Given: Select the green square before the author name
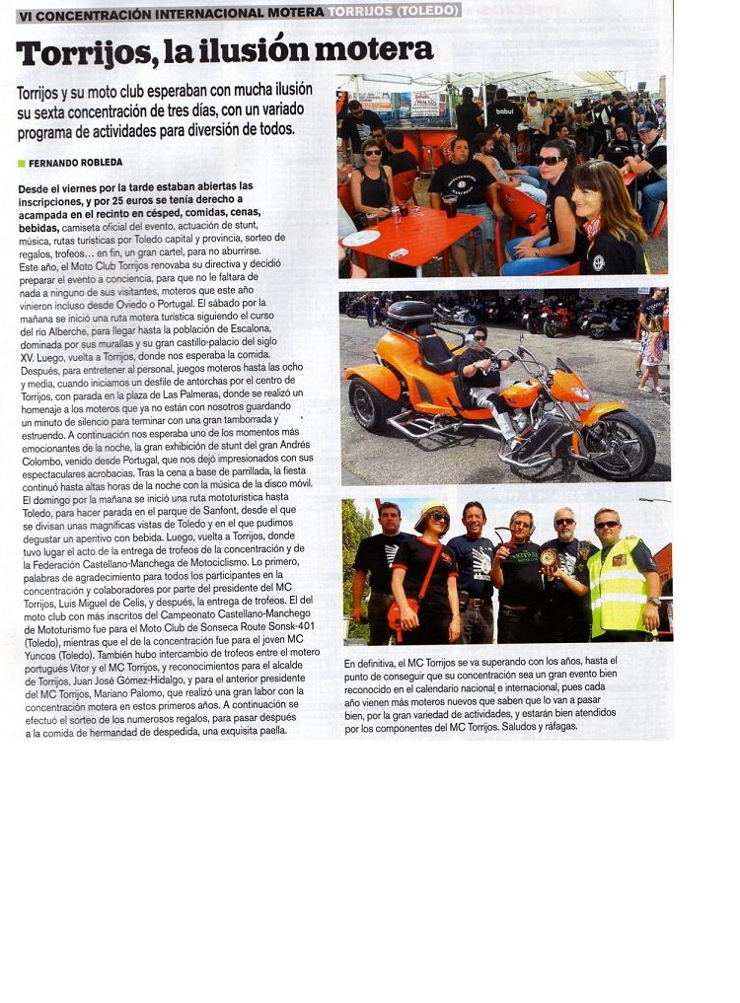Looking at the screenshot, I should [21, 163].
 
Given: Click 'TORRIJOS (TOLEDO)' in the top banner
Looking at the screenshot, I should [393, 11].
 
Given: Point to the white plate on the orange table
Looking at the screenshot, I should [361, 238].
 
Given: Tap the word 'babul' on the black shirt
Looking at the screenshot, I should [505, 110].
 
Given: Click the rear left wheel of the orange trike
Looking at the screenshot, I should [375, 404].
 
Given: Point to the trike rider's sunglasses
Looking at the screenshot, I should [481, 337].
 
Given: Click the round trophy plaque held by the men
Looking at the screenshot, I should [549, 557].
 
